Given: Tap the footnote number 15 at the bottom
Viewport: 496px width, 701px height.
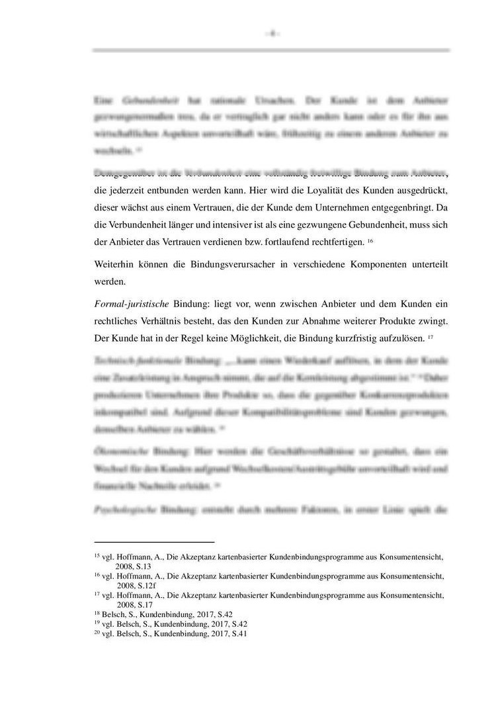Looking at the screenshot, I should [x=97, y=557].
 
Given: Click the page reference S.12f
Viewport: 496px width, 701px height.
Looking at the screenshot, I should [x=146, y=585].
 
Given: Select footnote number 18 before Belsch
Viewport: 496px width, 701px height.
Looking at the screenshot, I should [x=97, y=614].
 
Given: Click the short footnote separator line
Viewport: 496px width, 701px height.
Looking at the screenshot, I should [x=154, y=541].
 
